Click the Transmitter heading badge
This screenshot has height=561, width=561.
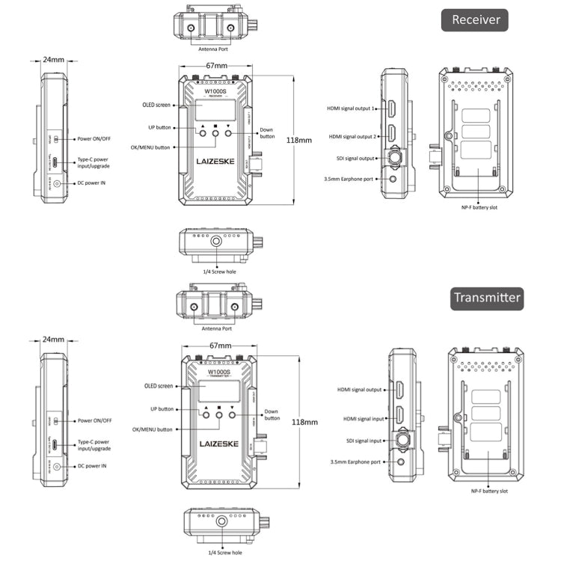coord(486,298)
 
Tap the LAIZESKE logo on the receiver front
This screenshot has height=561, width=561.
coord(215,161)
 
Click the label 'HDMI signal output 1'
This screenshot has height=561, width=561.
coord(350,108)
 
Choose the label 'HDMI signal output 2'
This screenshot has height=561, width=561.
coord(352,137)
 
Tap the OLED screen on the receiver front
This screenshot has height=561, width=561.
coord(215,111)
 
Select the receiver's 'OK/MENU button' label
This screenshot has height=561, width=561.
coord(150,147)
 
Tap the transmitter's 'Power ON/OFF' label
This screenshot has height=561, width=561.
coord(95,421)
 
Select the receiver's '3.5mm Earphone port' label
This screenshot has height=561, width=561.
coord(349,179)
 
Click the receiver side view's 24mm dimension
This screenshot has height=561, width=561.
coord(53,58)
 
